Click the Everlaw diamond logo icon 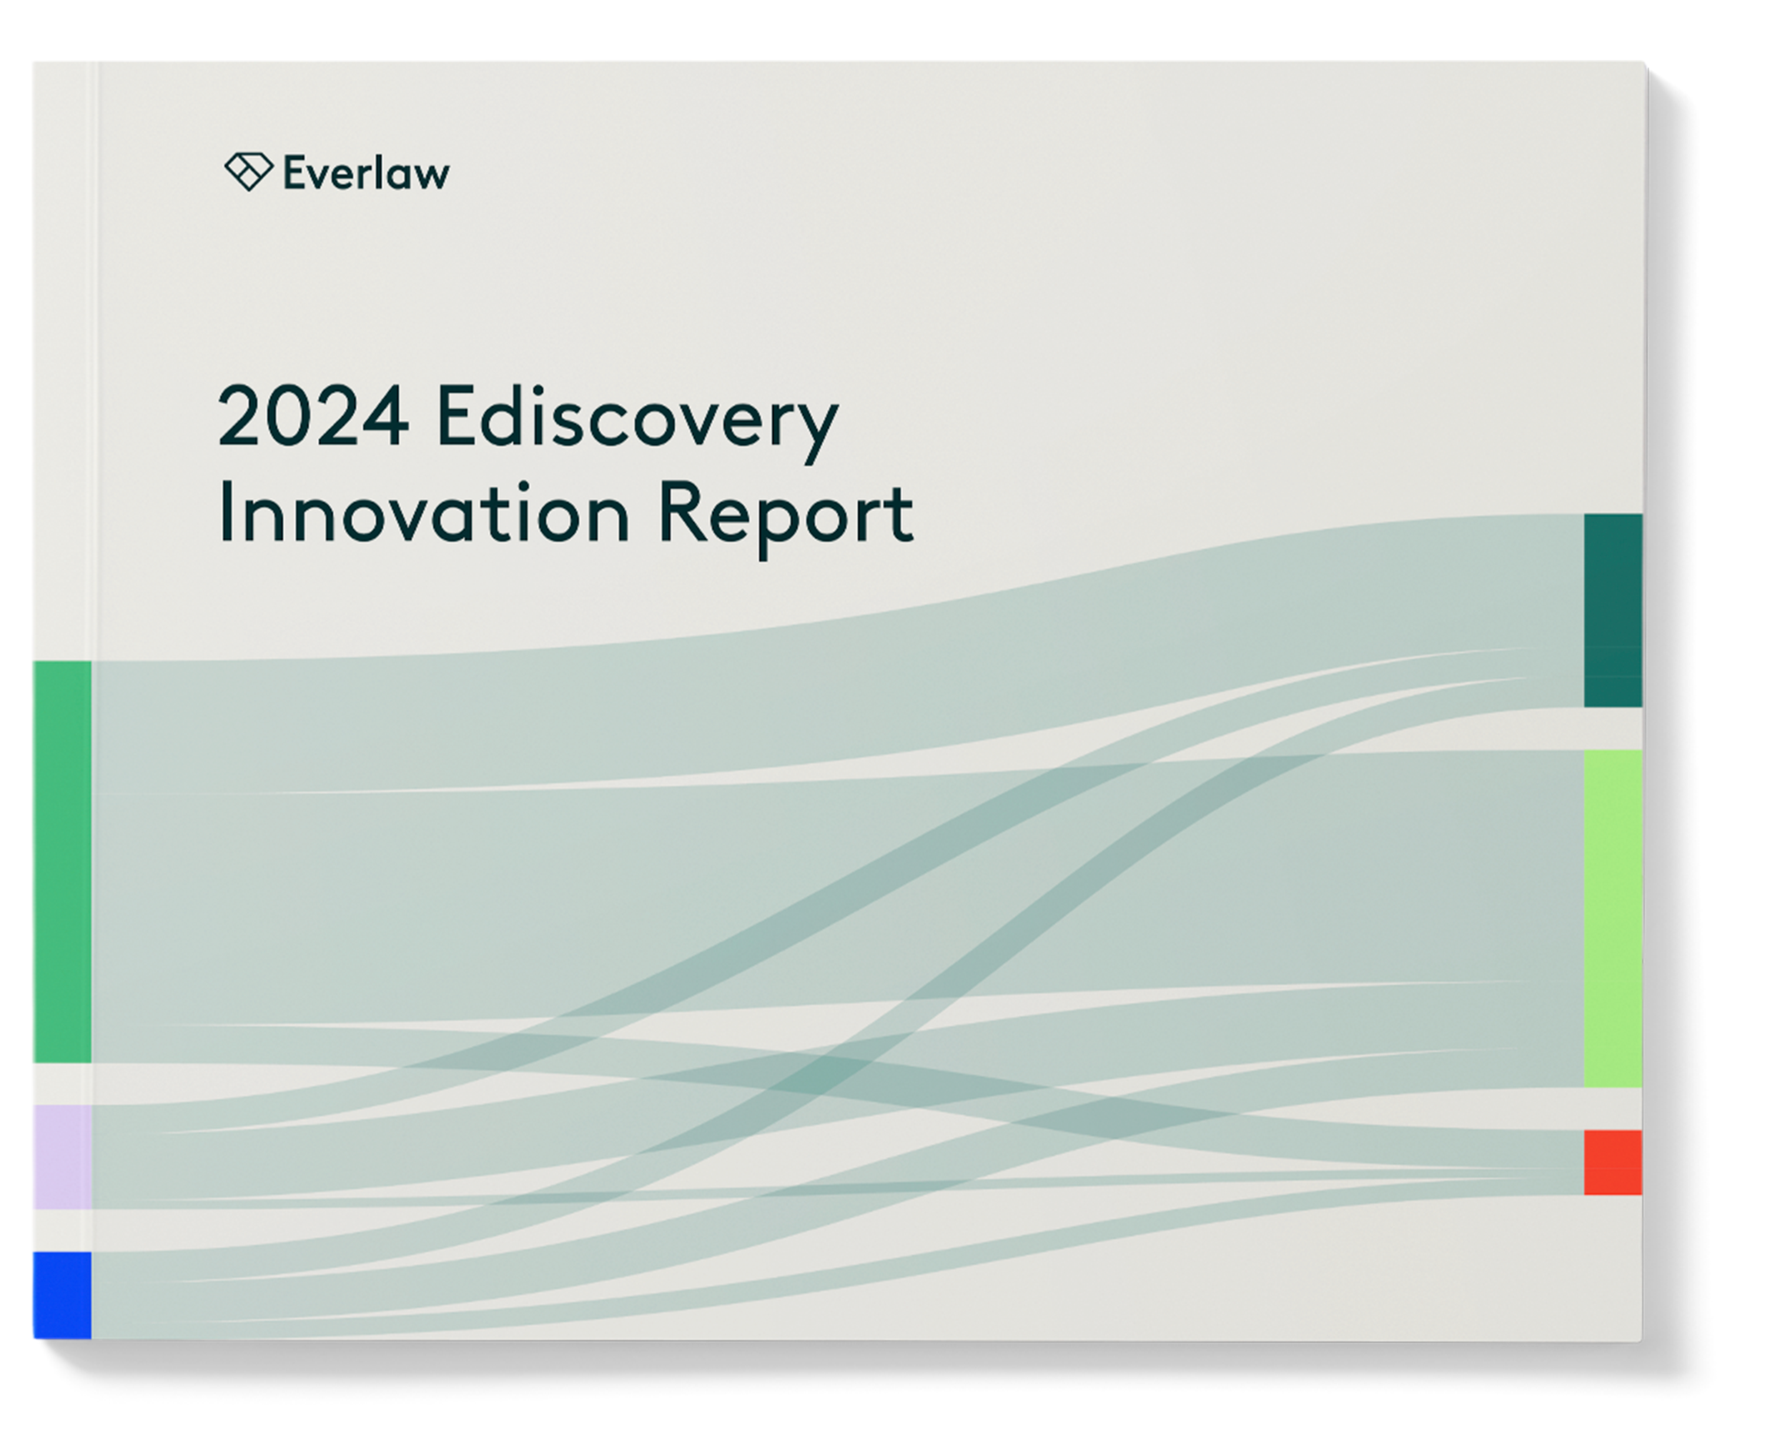pyautogui.click(x=248, y=172)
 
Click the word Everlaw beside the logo pyautogui.click(x=366, y=173)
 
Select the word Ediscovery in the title pyautogui.click(x=637, y=419)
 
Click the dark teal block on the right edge pyautogui.click(x=1612, y=610)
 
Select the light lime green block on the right pyautogui.click(x=1612, y=918)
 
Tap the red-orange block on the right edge pyautogui.click(x=1612, y=1162)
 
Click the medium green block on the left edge pyautogui.click(x=62, y=862)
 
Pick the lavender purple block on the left pyautogui.click(x=62, y=1156)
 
